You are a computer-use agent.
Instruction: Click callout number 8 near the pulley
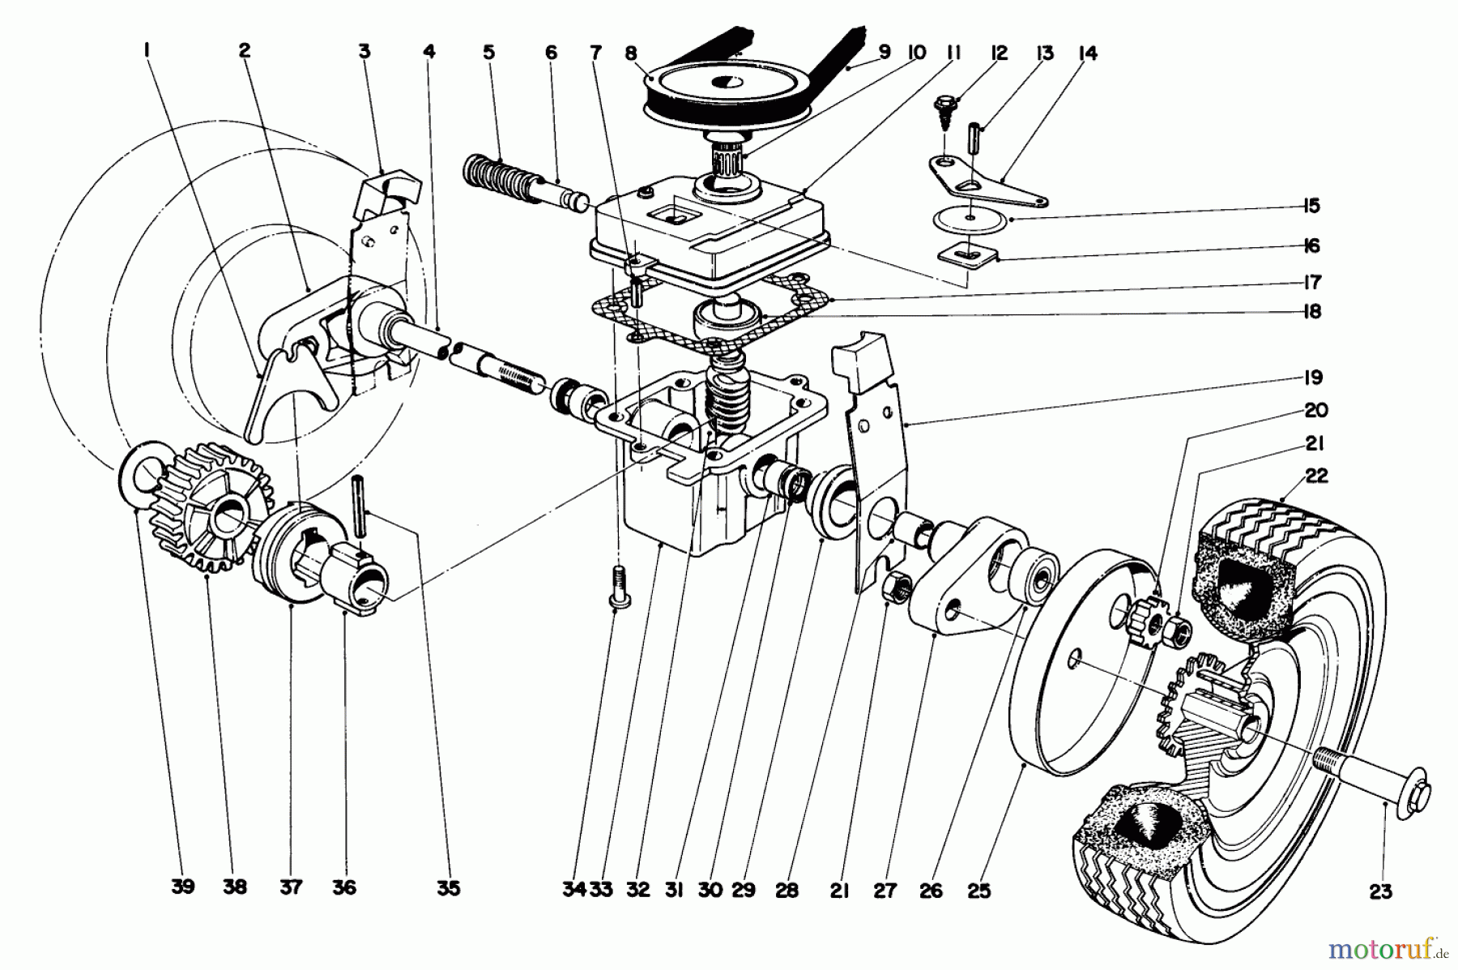(631, 53)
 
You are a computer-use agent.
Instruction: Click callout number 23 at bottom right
(1380, 891)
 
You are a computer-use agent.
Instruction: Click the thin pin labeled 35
(359, 506)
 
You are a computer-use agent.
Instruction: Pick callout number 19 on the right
(1312, 377)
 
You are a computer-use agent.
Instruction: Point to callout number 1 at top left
(147, 53)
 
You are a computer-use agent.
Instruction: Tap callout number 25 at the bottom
(979, 891)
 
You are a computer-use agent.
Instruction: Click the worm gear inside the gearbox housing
(727, 389)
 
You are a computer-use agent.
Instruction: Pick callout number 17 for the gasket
(1312, 283)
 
